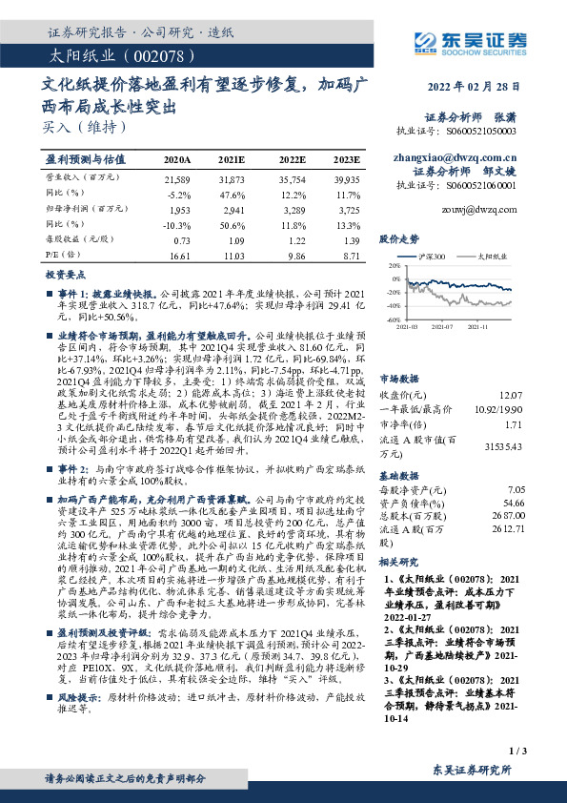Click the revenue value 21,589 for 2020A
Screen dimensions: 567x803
pos(178,178)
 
